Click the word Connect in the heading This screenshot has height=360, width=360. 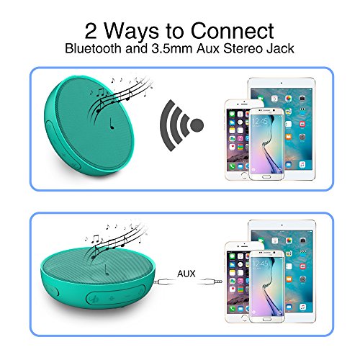click(x=233, y=31)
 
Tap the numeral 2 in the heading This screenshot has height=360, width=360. click(x=91, y=31)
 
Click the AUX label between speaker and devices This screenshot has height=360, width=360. click(x=186, y=274)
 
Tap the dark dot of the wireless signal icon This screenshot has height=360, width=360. click(x=197, y=125)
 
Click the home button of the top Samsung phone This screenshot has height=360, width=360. click(x=266, y=177)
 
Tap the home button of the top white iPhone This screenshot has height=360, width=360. click(x=244, y=175)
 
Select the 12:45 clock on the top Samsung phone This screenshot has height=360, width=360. click(x=260, y=122)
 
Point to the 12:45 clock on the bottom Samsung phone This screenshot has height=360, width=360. click(x=260, y=264)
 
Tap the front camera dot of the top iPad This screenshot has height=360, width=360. click(x=282, y=83)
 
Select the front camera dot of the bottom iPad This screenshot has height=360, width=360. click(x=282, y=225)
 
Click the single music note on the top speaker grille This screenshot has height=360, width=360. click(x=112, y=124)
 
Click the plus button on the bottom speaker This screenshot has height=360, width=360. click(x=112, y=298)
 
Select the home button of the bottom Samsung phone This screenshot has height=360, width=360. click(x=266, y=320)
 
